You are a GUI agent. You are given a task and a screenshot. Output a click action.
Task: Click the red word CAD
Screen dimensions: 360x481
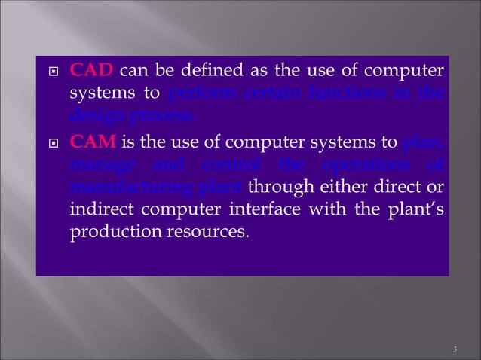(x=91, y=72)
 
